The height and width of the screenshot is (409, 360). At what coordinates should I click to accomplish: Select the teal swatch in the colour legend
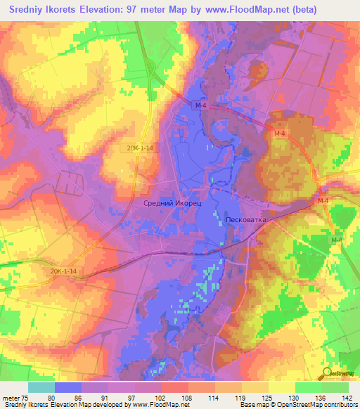click(x=41, y=387)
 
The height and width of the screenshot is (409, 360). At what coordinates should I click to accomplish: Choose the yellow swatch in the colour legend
click(x=281, y=387)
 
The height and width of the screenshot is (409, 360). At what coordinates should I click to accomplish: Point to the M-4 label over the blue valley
click(x=202, y=105)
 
